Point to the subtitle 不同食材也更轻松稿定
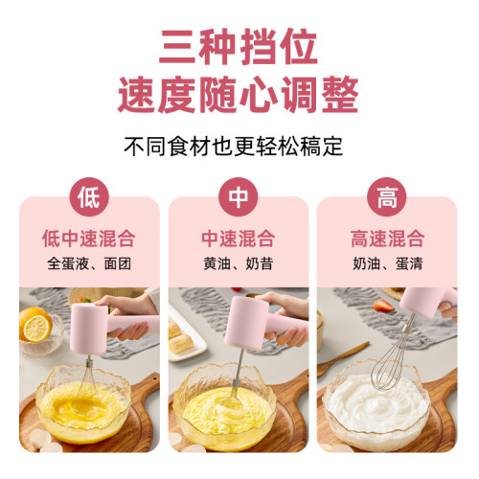tap(239, 148)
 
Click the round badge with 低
tap(89, 198)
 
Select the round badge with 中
tap(239, 198)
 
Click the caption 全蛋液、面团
tap(89, 263)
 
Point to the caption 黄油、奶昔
tap(239, 263)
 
